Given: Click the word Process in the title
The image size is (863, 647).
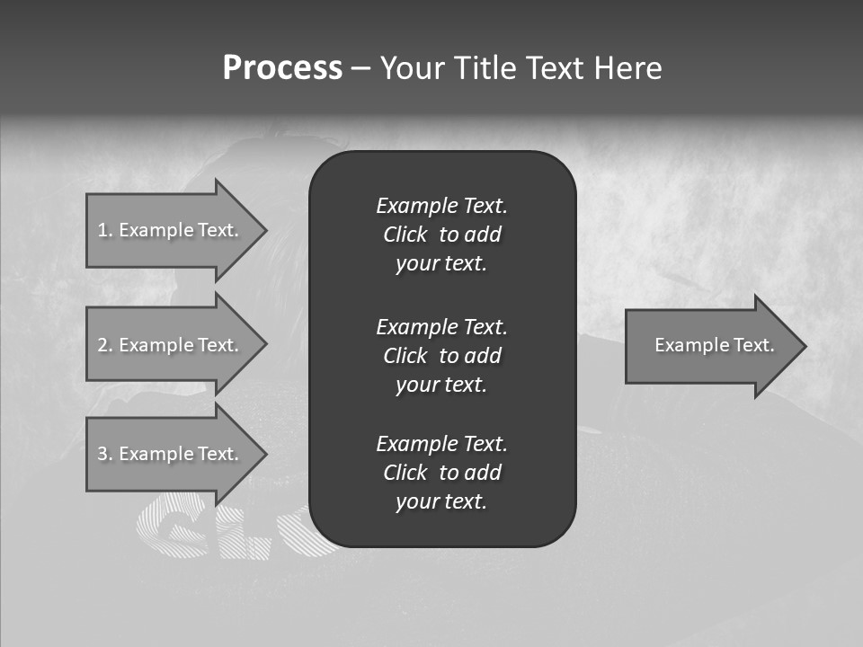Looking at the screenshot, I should [x=282, y=68].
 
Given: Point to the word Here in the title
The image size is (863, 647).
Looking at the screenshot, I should [x=628, y=68].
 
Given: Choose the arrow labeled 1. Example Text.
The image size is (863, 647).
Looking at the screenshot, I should [x=168, y=230].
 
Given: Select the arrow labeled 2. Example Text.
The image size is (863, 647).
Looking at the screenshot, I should [x=168, y=345].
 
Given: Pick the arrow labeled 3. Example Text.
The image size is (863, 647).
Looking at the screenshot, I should [x=168, y=454].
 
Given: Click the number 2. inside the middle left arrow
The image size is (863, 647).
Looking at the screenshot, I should [x=106, y=345].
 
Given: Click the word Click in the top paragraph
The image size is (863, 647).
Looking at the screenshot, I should [x=405, y=235].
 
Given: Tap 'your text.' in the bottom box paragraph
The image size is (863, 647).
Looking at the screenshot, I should [x=441, y=501].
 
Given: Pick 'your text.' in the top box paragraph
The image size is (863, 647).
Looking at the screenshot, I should [x=441, y=263].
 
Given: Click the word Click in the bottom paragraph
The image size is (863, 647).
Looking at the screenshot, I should [x=405, y=473].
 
